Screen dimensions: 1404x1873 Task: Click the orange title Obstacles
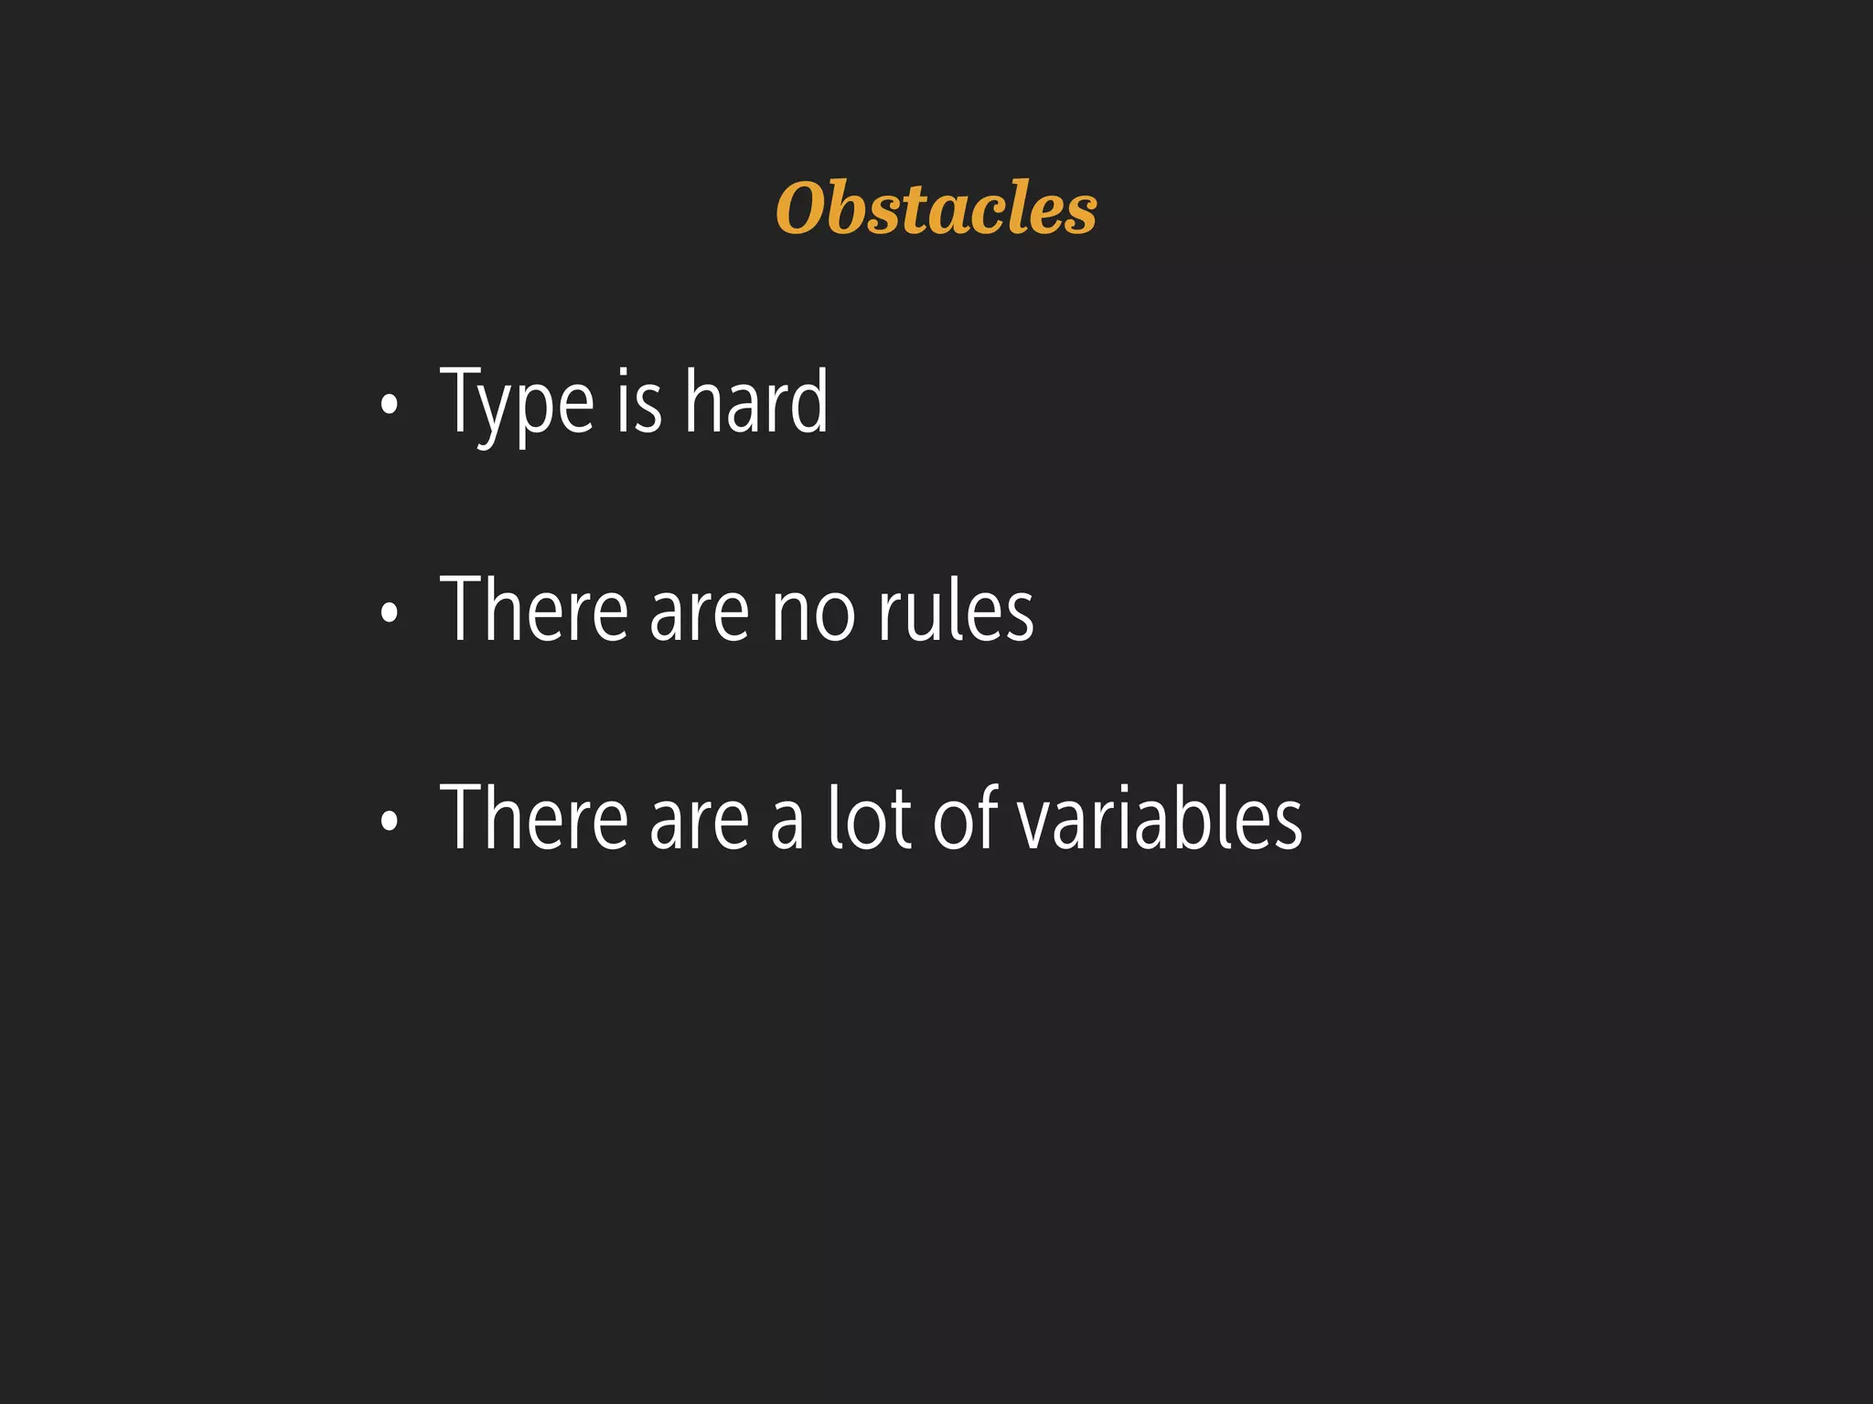[x=936, y=208]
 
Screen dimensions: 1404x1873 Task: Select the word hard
[x=756, y=401]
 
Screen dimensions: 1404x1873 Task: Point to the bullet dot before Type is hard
[x=390, y=404]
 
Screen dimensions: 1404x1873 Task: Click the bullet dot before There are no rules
[x=390, y=612]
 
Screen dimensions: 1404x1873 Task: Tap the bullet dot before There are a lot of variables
[x=390, y=820]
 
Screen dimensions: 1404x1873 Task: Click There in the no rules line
[x=534, y=610]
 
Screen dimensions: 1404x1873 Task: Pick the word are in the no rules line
[x=699, y=614]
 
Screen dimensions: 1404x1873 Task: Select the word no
[x=813, y=614]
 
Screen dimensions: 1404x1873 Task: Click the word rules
[x=956, y=610]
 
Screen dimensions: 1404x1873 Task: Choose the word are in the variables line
[x=699, y=822]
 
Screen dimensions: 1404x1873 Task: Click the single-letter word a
[x=787, y=822]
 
